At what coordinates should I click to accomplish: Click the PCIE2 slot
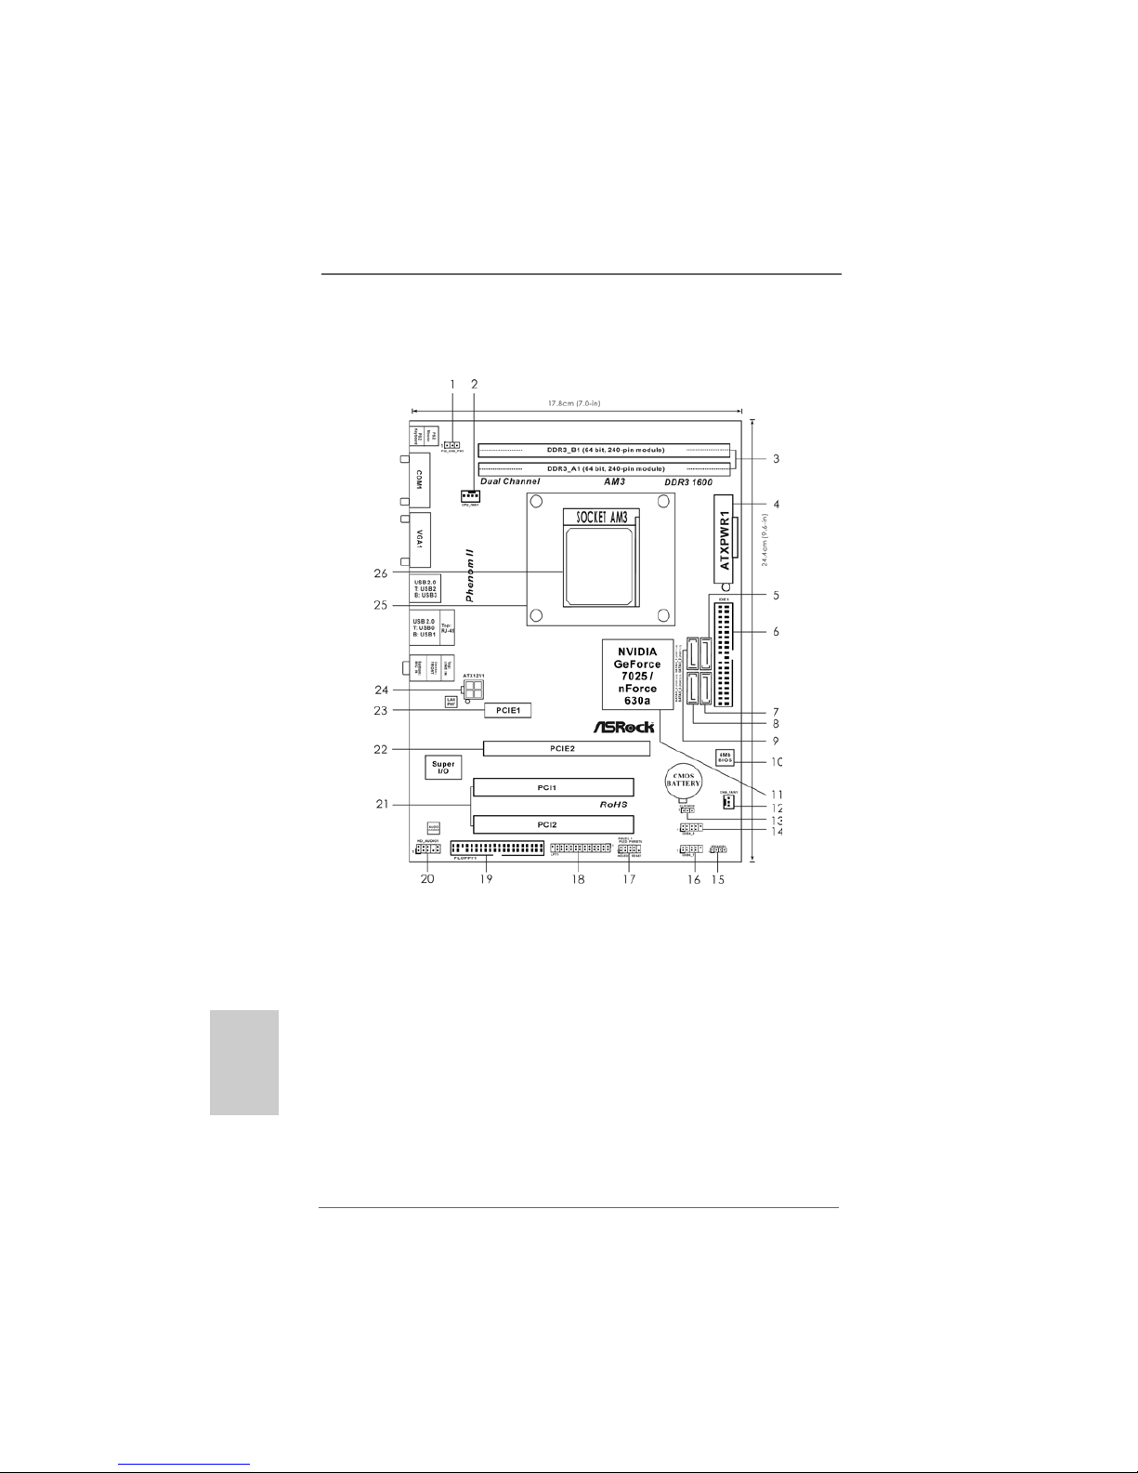(x=566, y=747)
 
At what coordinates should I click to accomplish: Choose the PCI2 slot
(x=553, y=824)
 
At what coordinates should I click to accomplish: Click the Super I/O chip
(x=443, y=768)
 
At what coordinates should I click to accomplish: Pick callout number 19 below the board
(x=485, y=878)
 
